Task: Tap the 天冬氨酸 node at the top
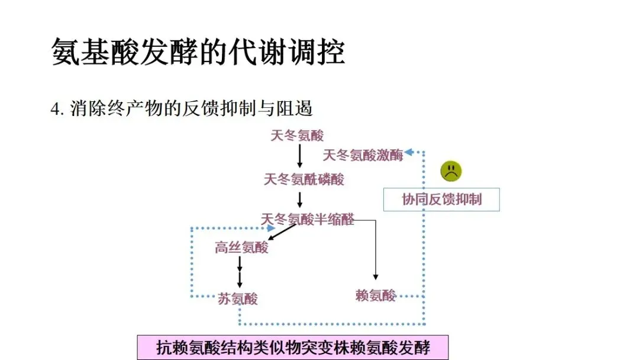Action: (298, 136)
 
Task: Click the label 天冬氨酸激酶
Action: (363, 155)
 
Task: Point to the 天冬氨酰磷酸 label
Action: (304, 179)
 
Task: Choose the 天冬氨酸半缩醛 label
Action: (308, 219)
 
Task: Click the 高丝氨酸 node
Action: (241, 247)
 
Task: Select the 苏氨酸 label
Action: (238, 299)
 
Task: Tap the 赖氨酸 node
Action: (376, 295)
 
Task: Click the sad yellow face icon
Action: (451, 171)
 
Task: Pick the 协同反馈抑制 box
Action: (441, 200)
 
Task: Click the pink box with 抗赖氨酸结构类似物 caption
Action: (292, 347)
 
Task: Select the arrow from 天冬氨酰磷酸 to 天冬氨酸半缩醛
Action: (299, 199)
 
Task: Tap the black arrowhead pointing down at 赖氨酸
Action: (375, 276)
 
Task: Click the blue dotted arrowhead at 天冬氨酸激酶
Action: (408, 153)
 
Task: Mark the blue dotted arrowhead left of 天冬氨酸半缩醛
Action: (269, 227)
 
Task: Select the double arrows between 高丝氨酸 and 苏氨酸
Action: (240, 271)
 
